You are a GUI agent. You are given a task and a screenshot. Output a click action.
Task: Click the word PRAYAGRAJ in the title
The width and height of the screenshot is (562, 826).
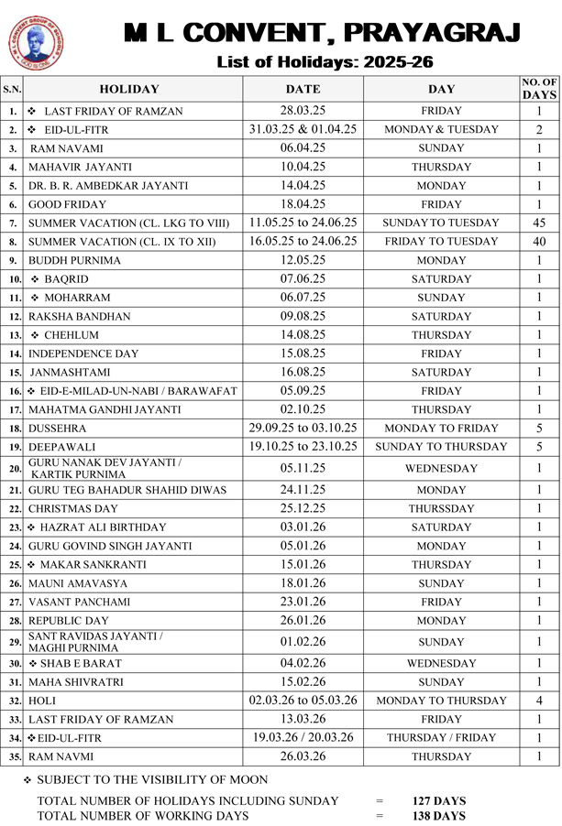point(430,34)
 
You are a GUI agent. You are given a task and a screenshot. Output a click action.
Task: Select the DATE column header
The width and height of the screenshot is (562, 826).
point(303,89)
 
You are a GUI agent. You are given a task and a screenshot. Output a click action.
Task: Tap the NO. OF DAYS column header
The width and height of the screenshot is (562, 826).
point(539,89)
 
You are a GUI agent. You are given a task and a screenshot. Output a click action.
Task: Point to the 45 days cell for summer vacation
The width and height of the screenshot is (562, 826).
point(539,223)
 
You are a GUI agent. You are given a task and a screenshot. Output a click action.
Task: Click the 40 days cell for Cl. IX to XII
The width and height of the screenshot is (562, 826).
point(539,242)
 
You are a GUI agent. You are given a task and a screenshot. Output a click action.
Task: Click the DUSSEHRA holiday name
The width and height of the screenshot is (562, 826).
point(57,428)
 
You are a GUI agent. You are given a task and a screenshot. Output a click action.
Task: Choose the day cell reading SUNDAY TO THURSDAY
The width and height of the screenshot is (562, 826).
point(441,447)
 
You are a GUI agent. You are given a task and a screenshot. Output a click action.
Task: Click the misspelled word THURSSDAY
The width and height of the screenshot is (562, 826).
point(441,508)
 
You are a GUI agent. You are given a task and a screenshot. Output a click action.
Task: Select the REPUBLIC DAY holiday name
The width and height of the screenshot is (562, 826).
point(69,621)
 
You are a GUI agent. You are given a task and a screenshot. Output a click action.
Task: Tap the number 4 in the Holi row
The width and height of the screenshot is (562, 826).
point(539,701)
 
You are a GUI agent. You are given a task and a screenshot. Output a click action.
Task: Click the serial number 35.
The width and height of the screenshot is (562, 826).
point(13,757)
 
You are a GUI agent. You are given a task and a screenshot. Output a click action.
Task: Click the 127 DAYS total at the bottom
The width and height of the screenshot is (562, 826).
point(438,801)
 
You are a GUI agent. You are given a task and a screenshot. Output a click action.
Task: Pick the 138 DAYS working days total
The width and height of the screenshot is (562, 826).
point(438,816)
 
